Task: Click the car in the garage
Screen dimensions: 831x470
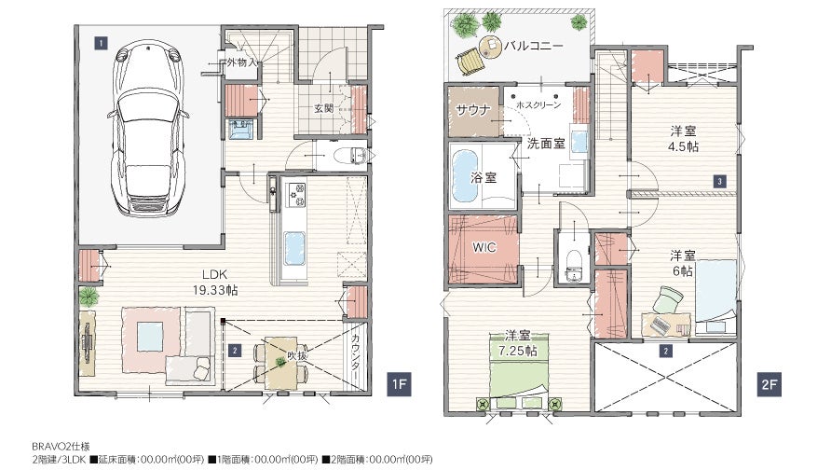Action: click(x=148, y=130)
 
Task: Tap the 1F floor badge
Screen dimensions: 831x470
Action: click(x=399, y=384)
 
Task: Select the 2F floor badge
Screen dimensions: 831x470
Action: click(x=769, y=384)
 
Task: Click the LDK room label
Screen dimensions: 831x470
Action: click(x=215, y=274)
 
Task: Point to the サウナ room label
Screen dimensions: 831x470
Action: click(x=473, y=110)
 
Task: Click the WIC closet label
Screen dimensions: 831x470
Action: click(x=484, y=247)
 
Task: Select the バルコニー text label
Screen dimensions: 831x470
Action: click(x=534, y=46)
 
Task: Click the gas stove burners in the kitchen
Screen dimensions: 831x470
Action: click(x=295, y=195)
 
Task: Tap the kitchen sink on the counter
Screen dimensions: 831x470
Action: click(x=294, y=248)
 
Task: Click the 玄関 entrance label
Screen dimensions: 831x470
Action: click(x=324, y=108)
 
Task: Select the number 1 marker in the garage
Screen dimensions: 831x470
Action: click(x=101, y=43)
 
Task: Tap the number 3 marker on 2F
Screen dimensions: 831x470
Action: click(x=719, y=181)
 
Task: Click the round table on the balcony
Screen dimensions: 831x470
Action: click(x=491, y=47)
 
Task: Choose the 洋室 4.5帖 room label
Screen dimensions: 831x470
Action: click(x=684, y=138)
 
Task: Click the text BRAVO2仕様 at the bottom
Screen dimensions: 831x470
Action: click(x=61, y=447)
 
